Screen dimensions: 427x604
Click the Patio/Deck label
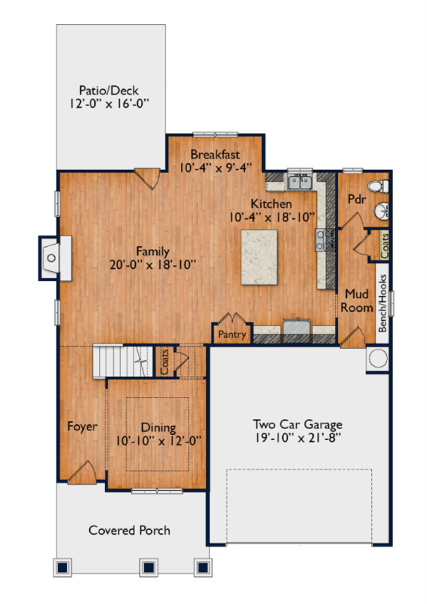tap(109, 91)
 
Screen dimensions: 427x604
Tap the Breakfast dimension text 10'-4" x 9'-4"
tap(216, 168)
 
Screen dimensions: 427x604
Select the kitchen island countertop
tap(259, 257)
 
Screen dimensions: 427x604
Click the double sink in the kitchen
tap(300, 182)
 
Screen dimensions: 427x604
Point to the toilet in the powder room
tap(378, 186)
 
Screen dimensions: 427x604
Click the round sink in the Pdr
tap(381, 210)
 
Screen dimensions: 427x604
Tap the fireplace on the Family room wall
tap(54, 257)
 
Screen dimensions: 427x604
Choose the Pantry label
tap(232, 334)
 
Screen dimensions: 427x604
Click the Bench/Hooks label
tap(382, 303)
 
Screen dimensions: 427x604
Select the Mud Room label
tap(357, 300)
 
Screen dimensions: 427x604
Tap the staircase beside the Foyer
tap(122, 362)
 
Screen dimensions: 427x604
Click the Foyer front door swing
tap(83, 473)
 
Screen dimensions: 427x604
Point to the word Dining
tap(158, 427)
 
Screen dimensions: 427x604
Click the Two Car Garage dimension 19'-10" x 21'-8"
tap(298, 438)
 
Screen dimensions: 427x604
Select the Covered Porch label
tap(129, 531)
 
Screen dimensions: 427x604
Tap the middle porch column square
tap(149, 567)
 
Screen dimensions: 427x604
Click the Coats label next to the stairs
tap(164, 362)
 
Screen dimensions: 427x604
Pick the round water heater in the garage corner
tap(378, 359)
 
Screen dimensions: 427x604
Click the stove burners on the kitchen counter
tap(321, 239)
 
